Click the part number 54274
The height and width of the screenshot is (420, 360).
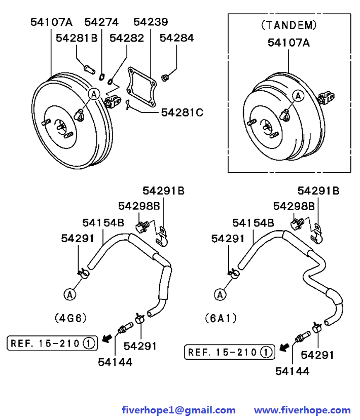(x=101, y=22)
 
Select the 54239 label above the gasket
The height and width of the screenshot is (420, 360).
(x=151, y=22)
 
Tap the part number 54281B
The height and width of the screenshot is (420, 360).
(x=77, y=39)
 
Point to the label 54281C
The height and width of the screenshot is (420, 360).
(x=182, y=112)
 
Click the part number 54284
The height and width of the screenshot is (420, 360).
(x=176, y=39)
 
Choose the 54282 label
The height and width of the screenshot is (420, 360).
(x=127, y=39)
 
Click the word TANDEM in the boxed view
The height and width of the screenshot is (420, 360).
(x=289, y=25)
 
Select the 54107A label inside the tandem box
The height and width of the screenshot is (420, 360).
(x=289, y=43)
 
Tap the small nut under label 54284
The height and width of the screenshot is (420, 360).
(x=165, y=77)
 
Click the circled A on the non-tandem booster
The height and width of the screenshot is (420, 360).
(x=94, y=94)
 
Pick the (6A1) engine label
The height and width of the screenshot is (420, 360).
(x=221, y=318)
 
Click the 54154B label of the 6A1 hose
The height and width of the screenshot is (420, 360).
(x=253, y=222)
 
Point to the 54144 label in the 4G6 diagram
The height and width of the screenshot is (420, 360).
(x=115, y=362)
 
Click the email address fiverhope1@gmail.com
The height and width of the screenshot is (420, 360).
(x=179, y=410)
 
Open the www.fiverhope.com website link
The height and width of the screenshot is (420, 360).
(x=302, y=410)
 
